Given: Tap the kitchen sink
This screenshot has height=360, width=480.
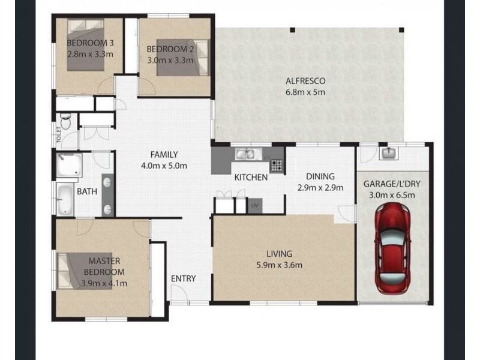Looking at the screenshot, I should coord(247,154).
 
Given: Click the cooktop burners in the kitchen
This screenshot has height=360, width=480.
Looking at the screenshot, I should coord(276,165).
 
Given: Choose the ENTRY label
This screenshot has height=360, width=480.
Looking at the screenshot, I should coord(183,278).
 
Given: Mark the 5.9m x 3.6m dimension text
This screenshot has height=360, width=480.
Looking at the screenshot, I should coord(280,265).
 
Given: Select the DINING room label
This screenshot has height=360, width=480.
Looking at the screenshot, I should coord(320,176).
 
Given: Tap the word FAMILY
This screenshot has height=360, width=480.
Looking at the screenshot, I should coord(164,154).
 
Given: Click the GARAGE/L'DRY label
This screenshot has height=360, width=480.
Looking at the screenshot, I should coord(393,184).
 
